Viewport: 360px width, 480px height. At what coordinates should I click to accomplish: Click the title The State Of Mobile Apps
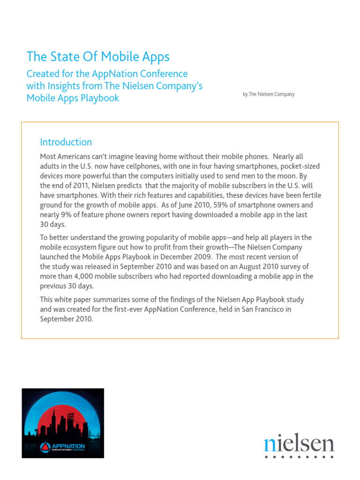98,57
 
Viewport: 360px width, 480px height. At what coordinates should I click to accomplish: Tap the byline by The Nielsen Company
269,94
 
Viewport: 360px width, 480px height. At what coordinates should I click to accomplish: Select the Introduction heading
66,142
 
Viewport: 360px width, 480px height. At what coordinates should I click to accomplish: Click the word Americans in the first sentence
76,156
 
